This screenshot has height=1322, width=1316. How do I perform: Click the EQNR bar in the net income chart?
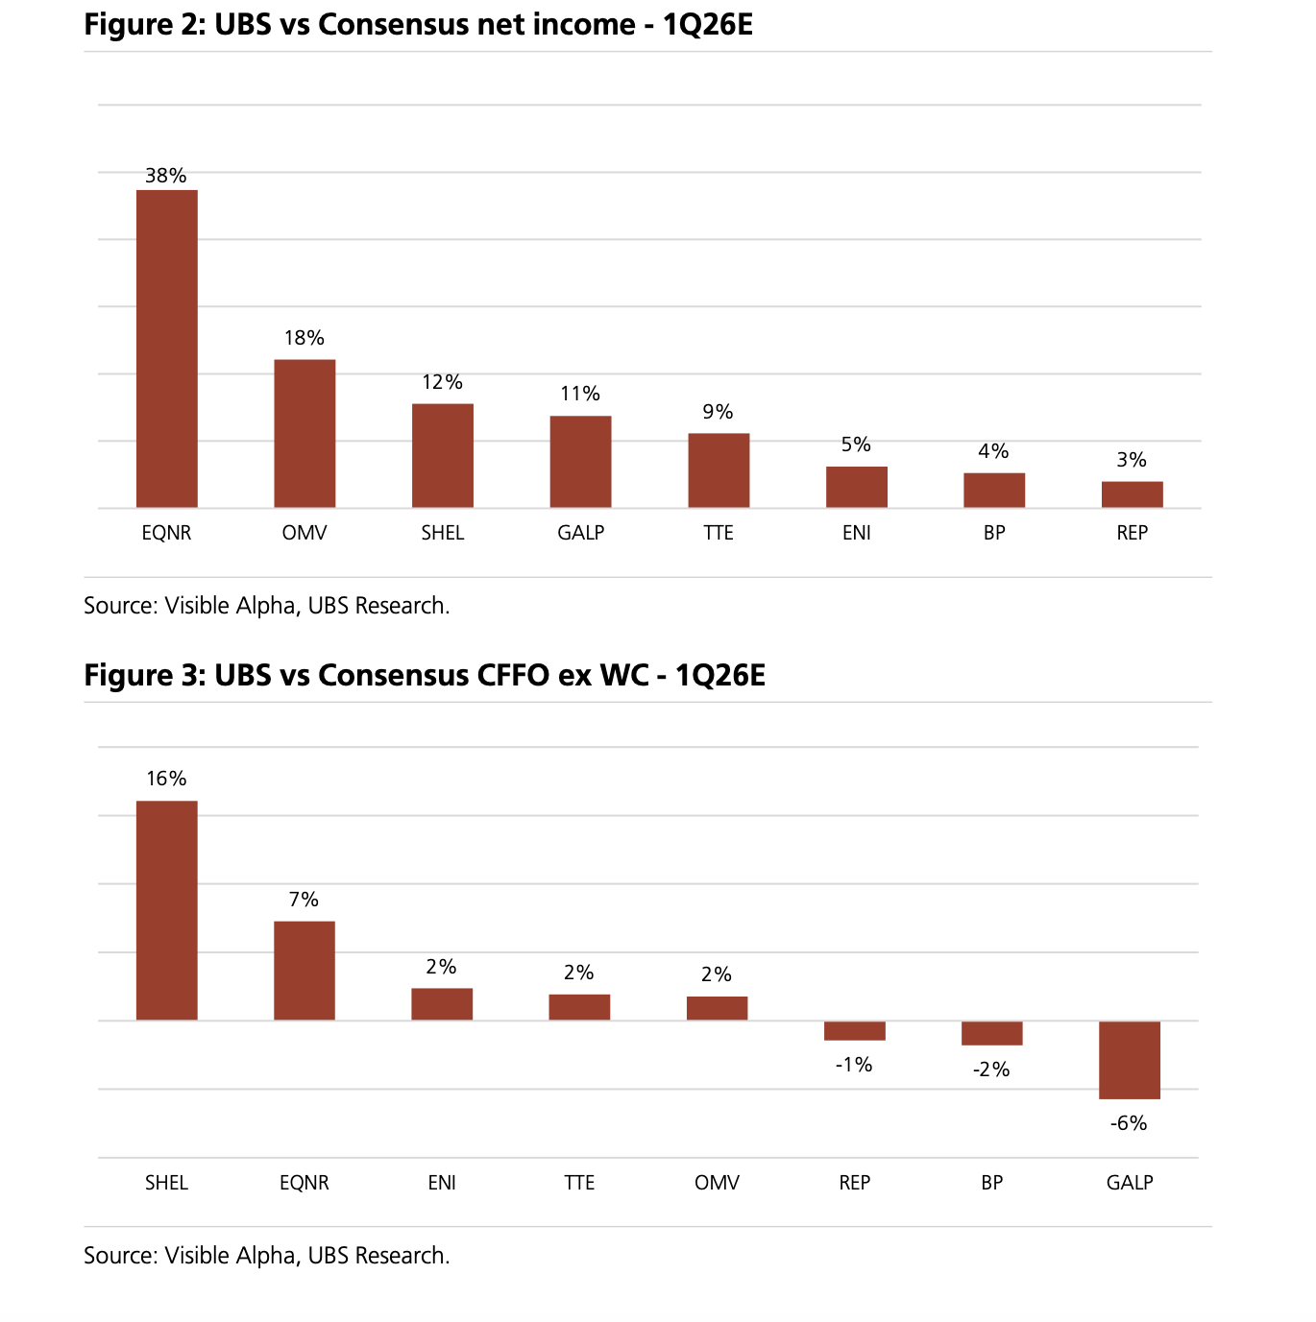166,349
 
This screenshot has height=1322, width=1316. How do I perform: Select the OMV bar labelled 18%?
305,433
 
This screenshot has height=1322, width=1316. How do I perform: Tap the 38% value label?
165,176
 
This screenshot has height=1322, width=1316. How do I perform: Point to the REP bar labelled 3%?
1132,494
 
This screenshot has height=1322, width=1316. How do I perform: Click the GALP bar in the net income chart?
580,462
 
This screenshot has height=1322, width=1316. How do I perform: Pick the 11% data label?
580,394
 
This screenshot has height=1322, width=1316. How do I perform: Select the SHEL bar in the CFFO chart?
166,910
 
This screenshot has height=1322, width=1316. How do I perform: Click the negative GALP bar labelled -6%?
1129,1060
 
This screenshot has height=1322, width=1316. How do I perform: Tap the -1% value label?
853,1065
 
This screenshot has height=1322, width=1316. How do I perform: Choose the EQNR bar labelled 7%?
305,971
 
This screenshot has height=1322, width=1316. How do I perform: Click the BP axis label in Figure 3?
991,1183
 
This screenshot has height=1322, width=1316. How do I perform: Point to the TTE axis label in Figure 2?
718,533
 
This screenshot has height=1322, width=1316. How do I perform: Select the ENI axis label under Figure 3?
442,1183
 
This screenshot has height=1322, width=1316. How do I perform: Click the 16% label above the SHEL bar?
166,779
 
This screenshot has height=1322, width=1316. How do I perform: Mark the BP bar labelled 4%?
994,491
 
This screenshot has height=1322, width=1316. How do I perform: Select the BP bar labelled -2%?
991,1033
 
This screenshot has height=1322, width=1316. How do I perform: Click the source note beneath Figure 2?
266,606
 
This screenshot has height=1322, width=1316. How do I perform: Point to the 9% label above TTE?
718,412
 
